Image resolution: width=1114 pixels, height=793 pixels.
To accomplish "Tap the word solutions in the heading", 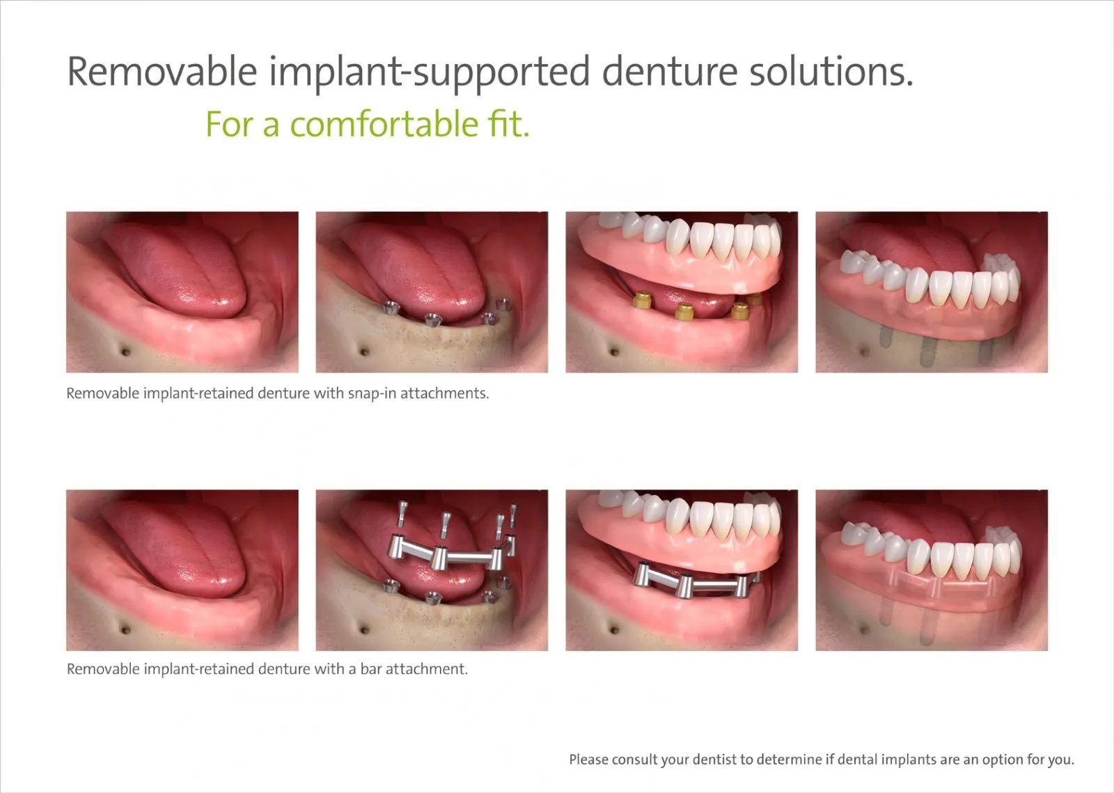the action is (x=831, y=72).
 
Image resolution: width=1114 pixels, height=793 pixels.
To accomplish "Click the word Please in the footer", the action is (x=589, y=760).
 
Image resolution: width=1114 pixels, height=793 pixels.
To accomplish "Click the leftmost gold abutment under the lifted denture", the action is (x=642, y=300).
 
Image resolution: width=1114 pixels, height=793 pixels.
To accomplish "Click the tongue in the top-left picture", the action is (x=174, y=269).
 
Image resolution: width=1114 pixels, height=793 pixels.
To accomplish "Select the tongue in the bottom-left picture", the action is (x=174, y=547).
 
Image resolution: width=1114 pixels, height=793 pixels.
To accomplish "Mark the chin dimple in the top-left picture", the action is (x=126, y=352).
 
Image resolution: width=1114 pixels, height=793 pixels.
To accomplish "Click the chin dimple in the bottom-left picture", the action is (x=126, y=630).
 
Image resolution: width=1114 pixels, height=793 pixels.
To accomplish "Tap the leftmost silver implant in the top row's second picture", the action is (x=391, y=308).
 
